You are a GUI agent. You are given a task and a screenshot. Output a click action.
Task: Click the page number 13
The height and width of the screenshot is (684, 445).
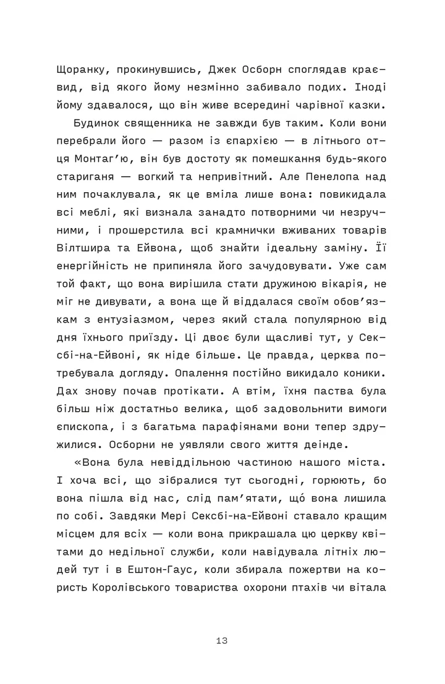(222, 641)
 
